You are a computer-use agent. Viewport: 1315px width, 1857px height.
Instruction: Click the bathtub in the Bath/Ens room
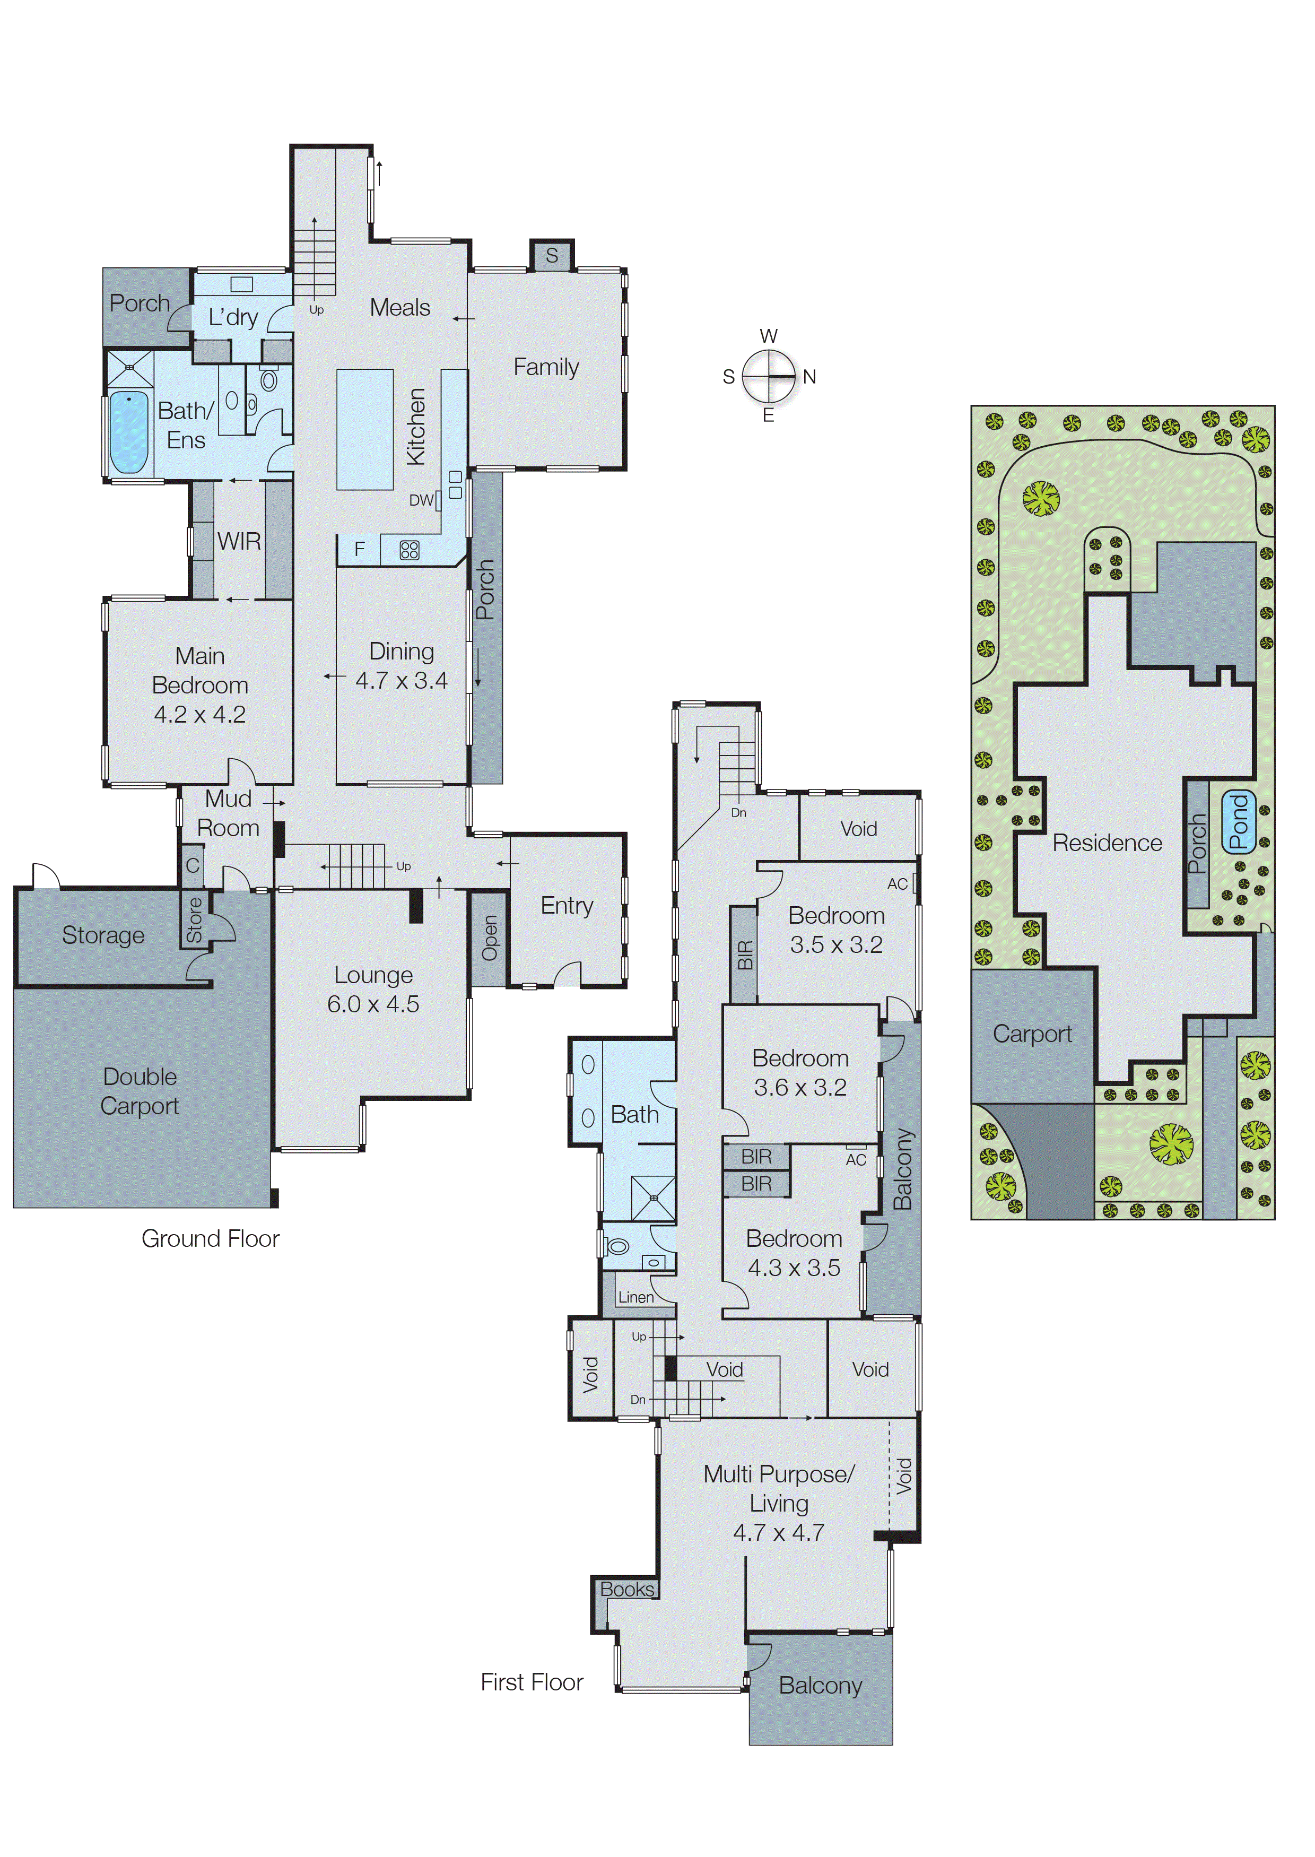(129, 432)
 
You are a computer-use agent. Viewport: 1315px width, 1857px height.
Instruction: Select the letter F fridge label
(360, 550)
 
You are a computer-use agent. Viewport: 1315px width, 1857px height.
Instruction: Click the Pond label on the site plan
(1238, 822)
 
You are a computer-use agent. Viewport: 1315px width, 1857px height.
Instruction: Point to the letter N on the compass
(809, 377)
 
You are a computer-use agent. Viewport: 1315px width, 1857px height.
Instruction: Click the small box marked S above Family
(552, 256)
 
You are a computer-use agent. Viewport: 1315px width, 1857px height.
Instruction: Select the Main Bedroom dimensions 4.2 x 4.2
(200, 714)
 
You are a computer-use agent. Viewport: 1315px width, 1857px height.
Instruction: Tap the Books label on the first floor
(626, 1590)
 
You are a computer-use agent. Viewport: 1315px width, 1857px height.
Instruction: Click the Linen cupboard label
(635, 1297)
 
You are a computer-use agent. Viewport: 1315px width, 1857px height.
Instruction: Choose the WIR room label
(239, 541)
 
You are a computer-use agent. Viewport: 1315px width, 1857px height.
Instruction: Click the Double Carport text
(140, 1091)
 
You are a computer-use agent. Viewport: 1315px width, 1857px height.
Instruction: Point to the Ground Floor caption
(210, 1238)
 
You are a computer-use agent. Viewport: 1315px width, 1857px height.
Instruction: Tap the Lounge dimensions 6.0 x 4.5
(373, 1004)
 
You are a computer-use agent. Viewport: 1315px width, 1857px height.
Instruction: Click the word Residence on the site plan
(1107, 843)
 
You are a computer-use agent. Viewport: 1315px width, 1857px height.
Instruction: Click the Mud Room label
(228, 813)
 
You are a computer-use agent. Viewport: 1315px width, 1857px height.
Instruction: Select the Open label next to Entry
(489, 938)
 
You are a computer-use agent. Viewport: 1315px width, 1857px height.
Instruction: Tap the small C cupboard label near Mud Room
(192, 865)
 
